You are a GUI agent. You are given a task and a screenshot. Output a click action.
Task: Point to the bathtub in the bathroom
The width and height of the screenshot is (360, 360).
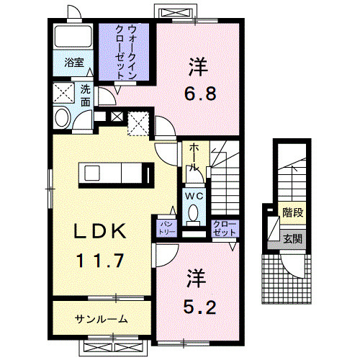tap(73, 37)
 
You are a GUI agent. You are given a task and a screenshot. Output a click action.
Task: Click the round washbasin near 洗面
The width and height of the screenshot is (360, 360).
tap(61, 116)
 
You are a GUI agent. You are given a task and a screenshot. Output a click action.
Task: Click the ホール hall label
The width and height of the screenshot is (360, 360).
tap(194, 156)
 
